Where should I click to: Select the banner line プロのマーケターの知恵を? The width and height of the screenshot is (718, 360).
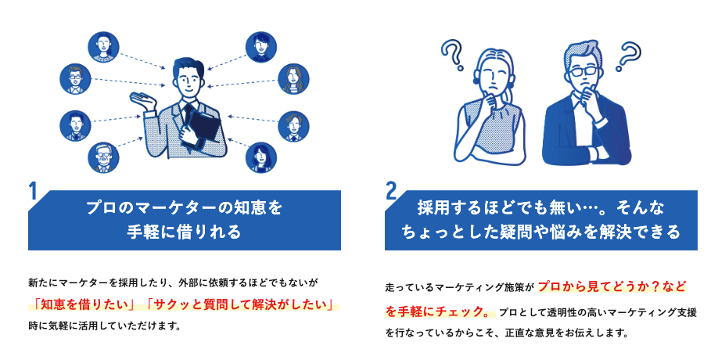coord(185,208)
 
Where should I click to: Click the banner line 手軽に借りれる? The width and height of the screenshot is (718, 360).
coord(185,232)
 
